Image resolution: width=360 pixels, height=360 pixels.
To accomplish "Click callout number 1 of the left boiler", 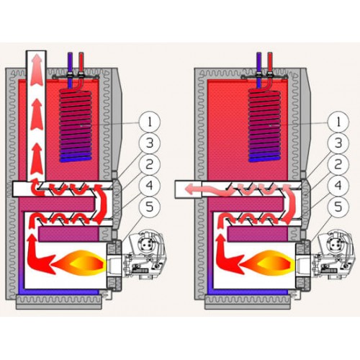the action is (x=150, y=122).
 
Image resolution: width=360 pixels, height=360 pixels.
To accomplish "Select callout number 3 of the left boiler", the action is (x=150, y=143).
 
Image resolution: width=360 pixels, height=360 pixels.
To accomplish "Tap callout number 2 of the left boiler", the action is (x=150, y=164).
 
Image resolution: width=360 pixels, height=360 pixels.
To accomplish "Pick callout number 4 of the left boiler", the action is (x=150, y=185).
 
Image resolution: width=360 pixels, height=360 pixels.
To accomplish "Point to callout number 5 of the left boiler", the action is (x=150, y=207).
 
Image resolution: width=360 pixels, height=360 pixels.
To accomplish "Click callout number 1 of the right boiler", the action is (x=338, y=122).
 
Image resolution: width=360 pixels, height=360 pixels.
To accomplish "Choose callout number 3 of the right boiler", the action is (x=338, y=143).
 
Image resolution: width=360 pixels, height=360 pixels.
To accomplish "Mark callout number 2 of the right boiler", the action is (x=338, y=164).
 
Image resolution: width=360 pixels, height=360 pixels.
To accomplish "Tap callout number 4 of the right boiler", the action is (x=338, y=185).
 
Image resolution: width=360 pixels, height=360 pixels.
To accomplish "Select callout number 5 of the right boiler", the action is (x=338, y=207).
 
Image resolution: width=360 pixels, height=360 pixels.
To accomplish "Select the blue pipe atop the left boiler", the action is (x=70, y=70).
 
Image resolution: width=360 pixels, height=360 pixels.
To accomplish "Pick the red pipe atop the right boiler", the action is (x=270, y=70).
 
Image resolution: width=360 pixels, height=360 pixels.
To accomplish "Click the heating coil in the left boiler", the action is (x=76, y=125).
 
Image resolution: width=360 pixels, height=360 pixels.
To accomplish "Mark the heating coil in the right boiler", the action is (x=264, y=125).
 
